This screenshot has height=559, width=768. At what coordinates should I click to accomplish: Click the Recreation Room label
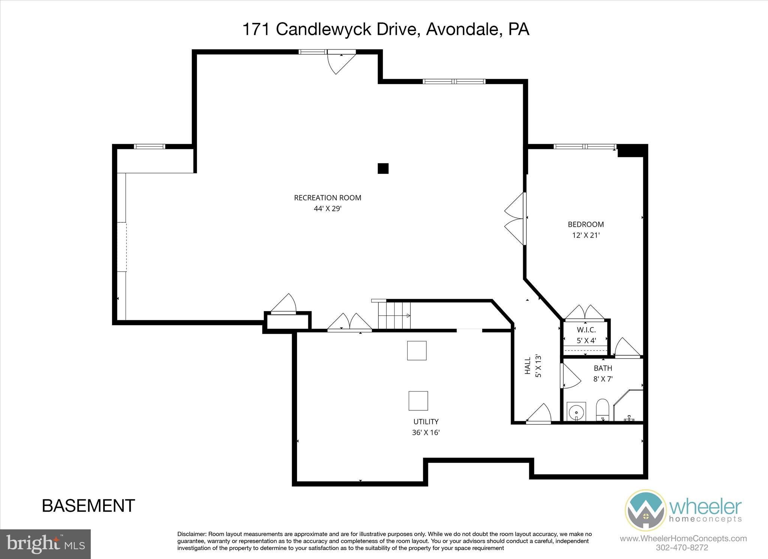click(327, 198)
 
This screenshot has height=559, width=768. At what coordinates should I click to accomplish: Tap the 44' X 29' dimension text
click(327, 209)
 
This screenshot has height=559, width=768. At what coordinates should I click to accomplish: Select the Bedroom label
click(586, 225)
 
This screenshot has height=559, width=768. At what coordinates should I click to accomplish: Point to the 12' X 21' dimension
click(586, 235)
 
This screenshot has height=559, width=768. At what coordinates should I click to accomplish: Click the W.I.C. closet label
click(586, 330)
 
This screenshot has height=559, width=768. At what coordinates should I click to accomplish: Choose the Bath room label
click(603, 368)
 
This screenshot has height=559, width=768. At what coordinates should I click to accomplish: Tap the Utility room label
click(426, 422)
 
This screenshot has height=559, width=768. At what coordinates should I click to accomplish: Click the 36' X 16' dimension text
click(426, 432)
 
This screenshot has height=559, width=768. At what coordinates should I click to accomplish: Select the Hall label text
click(528, 366)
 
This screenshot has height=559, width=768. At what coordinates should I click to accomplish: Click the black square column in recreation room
click(383, 169)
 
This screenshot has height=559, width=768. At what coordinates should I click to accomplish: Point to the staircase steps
click(394, 316)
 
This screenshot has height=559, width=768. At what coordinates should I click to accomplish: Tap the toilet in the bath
click(602, 410)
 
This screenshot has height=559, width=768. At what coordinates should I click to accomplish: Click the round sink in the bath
click(576, 412)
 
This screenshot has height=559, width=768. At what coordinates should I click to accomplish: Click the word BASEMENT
click(88, 506)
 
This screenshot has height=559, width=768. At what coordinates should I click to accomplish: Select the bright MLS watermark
click(45, 544)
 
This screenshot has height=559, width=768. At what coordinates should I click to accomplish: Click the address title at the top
click(386, 29)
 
